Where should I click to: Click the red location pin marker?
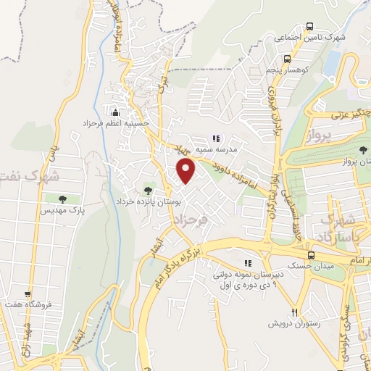click(x=187, y=171)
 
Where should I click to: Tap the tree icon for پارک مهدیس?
click(x=62, y=198)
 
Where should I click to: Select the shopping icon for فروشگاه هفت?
click(x=28, y=294)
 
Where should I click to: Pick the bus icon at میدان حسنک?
click(x=311, y=255)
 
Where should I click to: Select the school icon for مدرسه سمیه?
click(x=215, y=138)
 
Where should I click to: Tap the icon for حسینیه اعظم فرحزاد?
click(x=115, y=112)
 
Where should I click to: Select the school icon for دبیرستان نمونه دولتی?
click(x=248, y=264)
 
